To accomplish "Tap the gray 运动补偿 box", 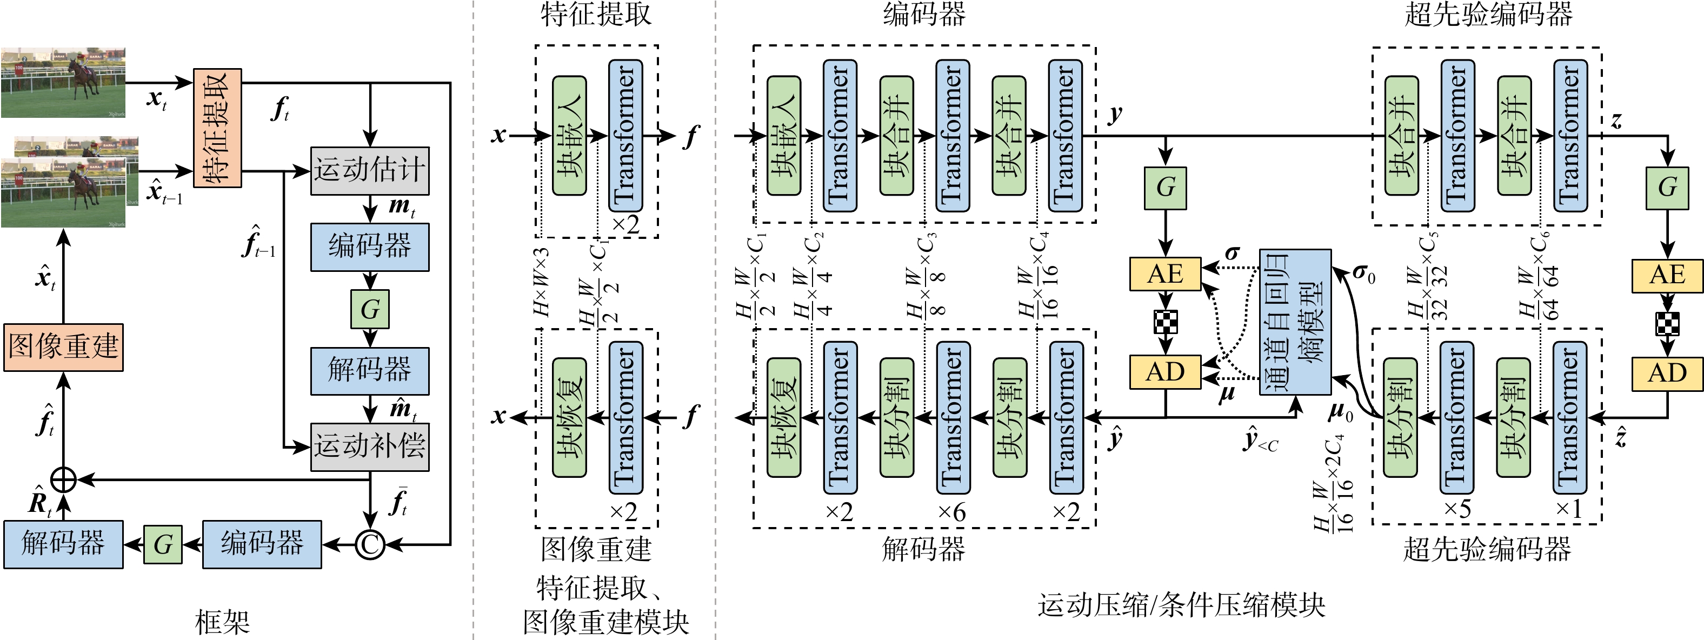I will point(370,446).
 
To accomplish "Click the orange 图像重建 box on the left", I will point(63,347).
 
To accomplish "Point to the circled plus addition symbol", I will point(63,479).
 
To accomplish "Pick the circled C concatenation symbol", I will point(370,545).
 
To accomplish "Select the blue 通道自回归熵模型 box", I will point(1295,322).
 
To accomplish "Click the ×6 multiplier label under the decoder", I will point(952,512).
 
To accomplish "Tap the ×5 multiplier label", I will point(1457,509).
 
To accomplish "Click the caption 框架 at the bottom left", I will point(222,622).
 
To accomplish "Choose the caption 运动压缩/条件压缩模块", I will point(1181,605).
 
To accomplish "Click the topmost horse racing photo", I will point(63,82).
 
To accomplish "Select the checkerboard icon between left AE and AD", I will point(1165,322).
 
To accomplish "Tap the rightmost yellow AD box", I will point(1667,373).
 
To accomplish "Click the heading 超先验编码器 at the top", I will point(1488,15).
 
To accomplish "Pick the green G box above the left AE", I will point(1166,188).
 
